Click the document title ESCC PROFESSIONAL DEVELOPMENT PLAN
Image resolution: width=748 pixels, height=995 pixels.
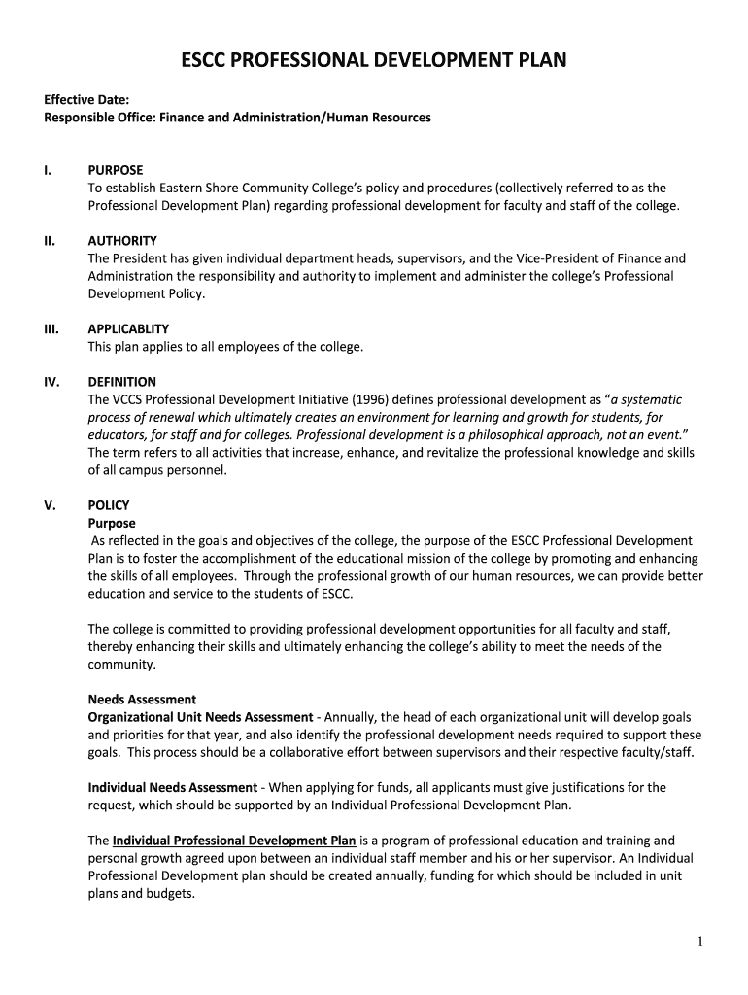click(x=374, y=63)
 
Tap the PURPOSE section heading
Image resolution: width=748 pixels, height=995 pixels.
click(x=115, y=170)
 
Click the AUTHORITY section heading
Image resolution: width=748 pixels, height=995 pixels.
click(x=122, y=241)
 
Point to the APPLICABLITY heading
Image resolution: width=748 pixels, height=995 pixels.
click(x=128, y=329)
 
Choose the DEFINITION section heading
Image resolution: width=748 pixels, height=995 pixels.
click(x=122, y=382)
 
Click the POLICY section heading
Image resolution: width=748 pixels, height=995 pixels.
click(x=108, y=505)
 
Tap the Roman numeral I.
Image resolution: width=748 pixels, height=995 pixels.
click(x=47, y=170)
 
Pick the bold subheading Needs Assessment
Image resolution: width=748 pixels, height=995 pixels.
click(x=142, y=699)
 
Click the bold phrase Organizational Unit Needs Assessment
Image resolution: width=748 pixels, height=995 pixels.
click(x=200, y=717)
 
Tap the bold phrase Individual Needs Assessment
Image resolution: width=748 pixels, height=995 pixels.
click(x=172, y=787)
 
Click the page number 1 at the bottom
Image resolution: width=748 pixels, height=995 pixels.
click(x=699, y=942)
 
